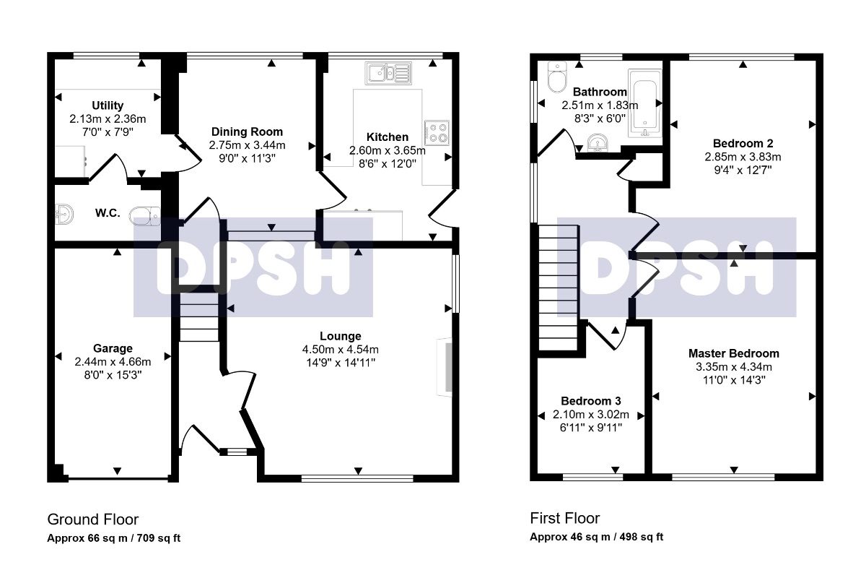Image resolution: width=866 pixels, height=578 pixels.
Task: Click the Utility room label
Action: [x=108, y=105]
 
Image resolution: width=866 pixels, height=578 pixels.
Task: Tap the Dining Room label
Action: [x=247, y=131]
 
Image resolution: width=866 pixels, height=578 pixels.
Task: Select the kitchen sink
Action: [x=388, y=73]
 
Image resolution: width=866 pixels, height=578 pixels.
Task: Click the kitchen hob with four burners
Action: [x=437, y=133]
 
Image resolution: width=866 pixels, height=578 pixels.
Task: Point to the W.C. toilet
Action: [x=145, y=216]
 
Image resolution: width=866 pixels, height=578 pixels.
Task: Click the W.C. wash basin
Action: [x=64, y=214]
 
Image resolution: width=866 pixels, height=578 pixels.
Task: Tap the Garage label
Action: [x=113, y=348]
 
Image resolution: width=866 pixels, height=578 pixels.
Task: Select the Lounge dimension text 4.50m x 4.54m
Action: [x=340, y=349]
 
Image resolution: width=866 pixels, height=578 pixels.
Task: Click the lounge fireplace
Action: [x=445, y=367]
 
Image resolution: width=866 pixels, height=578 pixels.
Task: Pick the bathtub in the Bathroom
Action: [x=644, y=103]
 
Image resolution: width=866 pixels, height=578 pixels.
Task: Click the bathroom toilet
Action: [x=557, y=77]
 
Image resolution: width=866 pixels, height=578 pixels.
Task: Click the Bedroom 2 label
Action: [x=743, y=144]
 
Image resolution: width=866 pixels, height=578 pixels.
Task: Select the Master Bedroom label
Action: [x=734, y=353]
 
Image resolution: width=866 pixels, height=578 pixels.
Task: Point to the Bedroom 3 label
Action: [x=591, y=401]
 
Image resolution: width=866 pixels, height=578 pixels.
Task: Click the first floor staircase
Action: [x=559, y=288]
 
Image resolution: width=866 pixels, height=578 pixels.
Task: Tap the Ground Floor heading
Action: [x=93, y=519]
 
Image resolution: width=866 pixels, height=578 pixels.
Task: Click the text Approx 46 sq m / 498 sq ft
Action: [x=597, y=537]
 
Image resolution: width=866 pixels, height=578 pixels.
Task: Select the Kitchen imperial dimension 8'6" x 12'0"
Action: [x=388, y=164]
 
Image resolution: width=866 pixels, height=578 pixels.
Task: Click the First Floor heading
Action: [x=565, y=518]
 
